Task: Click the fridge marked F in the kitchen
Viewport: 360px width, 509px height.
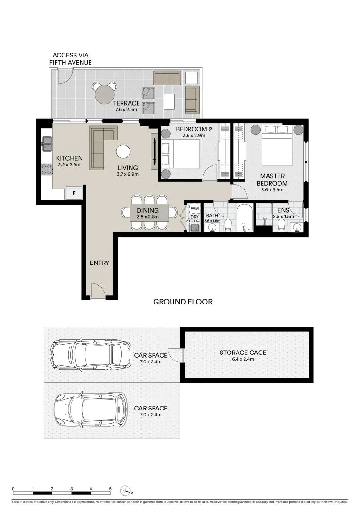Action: coord(74,192)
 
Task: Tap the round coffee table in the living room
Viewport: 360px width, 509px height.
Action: coord(123,151)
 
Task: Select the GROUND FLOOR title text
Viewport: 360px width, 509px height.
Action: coord(183,302)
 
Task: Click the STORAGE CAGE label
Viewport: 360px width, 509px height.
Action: coord(243,353)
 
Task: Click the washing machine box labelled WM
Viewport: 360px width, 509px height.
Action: coord(195,208)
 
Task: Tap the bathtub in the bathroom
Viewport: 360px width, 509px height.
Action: coord(245,218)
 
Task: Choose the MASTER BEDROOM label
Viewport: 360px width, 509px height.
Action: coord(272,180)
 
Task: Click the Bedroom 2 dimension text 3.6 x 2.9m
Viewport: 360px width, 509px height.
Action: coord(191,136)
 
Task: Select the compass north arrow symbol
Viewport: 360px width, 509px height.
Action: coord(125,490)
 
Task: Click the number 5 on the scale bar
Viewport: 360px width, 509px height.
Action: coord(110,488)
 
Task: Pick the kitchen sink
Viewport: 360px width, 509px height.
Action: coord(47,143)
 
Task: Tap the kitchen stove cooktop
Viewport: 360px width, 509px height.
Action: coord(47,169)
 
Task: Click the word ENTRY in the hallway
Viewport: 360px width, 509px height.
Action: coord(99,263)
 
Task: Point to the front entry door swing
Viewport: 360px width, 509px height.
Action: coord(98,291)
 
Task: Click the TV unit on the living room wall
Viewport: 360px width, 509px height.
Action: coord(154,151)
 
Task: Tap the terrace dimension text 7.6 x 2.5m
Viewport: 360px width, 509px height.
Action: coord(126,109)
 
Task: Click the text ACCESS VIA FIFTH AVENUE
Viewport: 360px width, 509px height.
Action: coord(71,59)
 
